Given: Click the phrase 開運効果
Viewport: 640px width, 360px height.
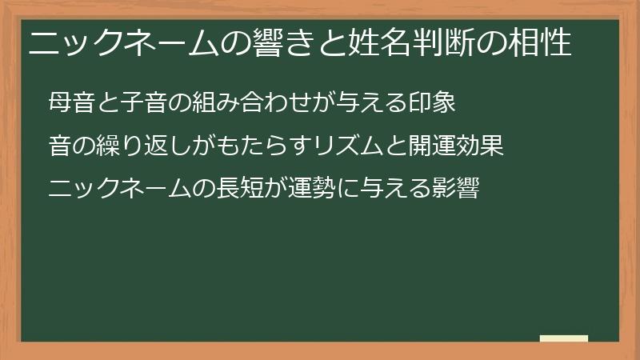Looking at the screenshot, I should [456, 147].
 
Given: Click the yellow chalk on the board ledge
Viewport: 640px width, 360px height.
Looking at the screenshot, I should [564, 338].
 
